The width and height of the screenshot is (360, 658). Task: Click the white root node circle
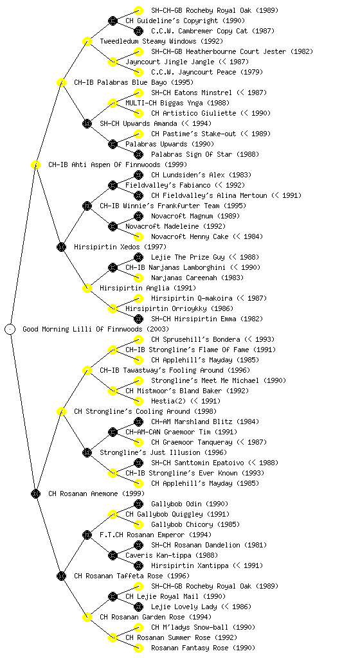point(10,329)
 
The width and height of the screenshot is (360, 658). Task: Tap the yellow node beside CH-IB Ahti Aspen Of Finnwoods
point(35,164)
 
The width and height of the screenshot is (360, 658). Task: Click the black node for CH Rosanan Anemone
point(35,493)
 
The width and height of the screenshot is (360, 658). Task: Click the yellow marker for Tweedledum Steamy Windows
point(87,41)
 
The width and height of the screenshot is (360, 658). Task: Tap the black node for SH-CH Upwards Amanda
point(87,123)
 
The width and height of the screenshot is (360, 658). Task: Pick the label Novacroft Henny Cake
point(190,236)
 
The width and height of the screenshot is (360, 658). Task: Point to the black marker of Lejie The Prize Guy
point(138,257)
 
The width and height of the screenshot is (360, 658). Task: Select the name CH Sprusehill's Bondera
point(195,339)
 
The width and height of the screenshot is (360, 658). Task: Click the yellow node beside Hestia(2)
point(138,401)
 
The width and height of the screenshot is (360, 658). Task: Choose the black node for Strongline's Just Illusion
point(87,452)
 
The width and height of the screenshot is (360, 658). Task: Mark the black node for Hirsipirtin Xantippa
point(138,565)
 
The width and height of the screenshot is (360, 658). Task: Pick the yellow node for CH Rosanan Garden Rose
point(87,617)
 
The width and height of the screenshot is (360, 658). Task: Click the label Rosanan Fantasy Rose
point(190,648)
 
